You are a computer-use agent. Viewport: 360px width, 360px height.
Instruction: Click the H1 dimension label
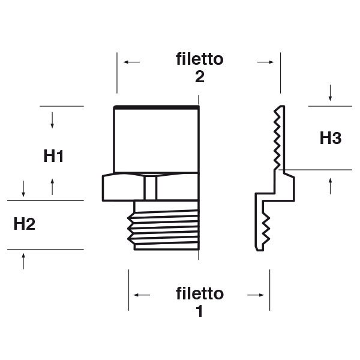54,157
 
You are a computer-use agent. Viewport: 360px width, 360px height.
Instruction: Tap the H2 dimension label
24,224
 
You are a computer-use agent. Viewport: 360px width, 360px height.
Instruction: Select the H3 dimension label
330,139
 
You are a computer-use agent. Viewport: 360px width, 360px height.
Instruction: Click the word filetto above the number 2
200,59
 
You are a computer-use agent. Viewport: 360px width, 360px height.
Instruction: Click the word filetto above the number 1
200,293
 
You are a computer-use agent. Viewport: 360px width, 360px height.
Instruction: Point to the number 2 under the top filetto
200,77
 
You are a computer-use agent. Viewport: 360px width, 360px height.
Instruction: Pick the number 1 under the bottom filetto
200,312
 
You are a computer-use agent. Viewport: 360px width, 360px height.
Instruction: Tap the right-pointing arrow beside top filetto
266,61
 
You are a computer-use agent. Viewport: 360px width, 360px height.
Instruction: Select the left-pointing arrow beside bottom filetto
142,295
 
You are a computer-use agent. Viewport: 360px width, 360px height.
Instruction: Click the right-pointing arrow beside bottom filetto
256,295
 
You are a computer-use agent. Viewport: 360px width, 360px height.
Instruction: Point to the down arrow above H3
331,93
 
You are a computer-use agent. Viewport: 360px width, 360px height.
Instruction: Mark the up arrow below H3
331,185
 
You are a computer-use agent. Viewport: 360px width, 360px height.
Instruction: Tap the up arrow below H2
23,261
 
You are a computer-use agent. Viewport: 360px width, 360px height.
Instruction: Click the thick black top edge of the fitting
156,107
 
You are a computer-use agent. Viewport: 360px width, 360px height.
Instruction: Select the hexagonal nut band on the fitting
150,187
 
